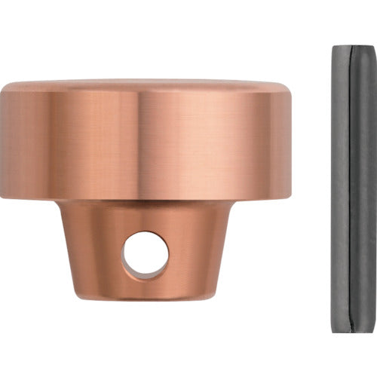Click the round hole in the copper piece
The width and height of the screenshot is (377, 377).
click(146, 256)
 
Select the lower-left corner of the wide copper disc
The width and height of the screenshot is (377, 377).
click(4, 198)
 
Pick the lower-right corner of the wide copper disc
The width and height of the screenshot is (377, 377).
click(288, 198)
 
